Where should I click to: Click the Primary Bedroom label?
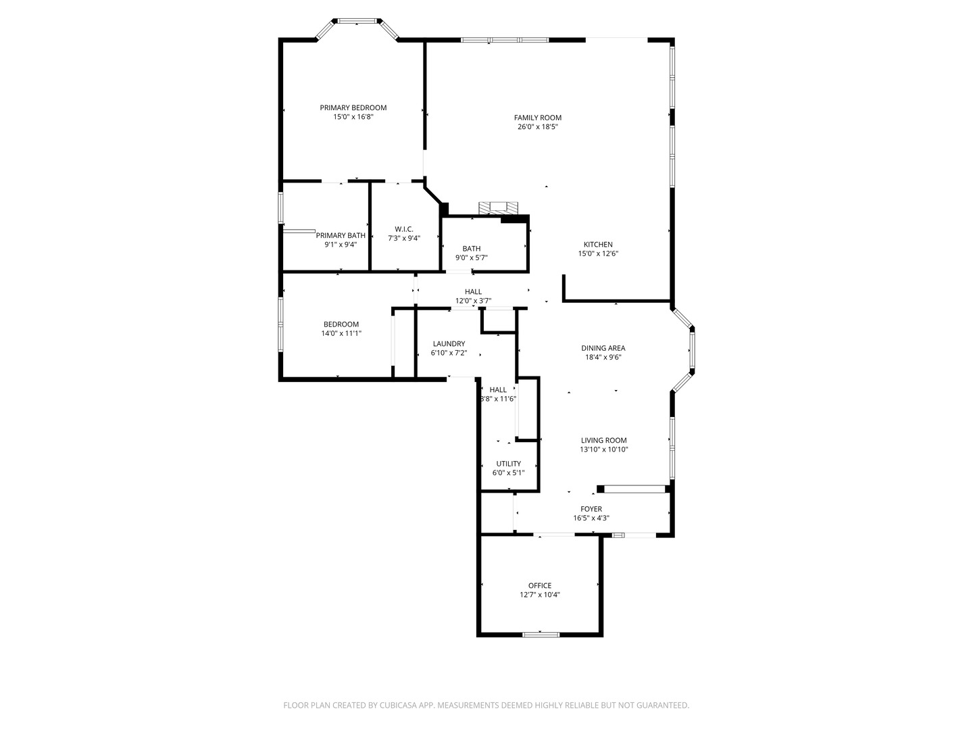point(353,107)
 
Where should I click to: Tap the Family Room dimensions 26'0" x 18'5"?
point(537,126)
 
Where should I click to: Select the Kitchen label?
point(598,245)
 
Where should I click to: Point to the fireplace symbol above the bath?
point(497,208)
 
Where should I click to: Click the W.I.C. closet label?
point(404,229)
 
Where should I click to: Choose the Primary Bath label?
point(341,235)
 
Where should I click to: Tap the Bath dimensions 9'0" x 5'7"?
point(471,258)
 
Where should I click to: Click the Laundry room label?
point(449,343)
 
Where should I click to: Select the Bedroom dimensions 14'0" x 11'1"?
point(341,333)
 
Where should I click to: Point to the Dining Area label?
point(603,348)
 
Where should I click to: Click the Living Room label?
point(603,440)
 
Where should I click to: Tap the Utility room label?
point(508,464)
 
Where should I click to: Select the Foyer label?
point(591,509)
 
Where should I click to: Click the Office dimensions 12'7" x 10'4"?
point(539,595)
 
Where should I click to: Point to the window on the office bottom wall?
point(541,634)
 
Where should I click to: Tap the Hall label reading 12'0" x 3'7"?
point(473,301)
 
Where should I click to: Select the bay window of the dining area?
point(691,350)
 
